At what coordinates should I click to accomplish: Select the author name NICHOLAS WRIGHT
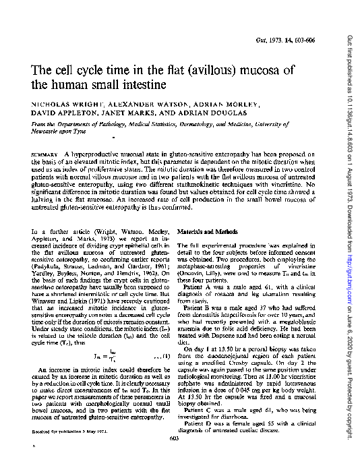(x=57, y=106)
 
